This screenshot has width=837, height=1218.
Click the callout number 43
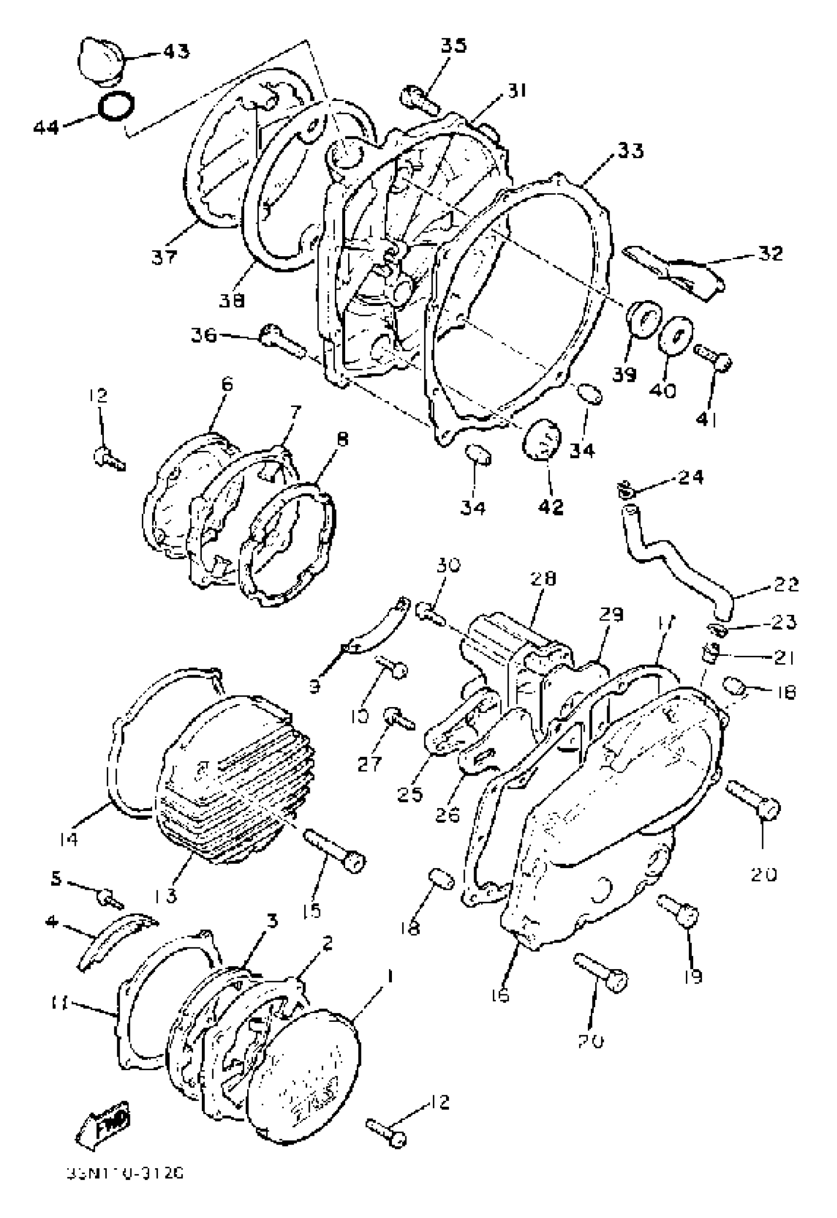point(175,51)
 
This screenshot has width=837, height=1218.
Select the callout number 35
point(453,46)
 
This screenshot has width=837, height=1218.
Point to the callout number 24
point(691,477)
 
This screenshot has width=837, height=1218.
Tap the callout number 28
point(542,579)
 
